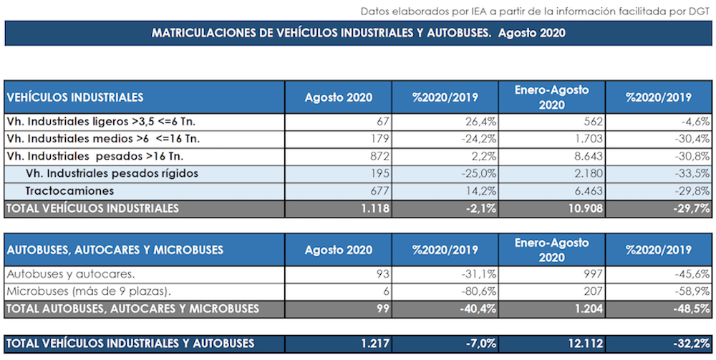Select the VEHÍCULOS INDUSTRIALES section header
[x=75, y=97]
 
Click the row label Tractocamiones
[x=69, y=191]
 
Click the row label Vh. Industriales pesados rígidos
[x=112, y=173]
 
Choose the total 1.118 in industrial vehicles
[x=373, y=208]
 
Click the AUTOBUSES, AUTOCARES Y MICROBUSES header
[x=115, y=250]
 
